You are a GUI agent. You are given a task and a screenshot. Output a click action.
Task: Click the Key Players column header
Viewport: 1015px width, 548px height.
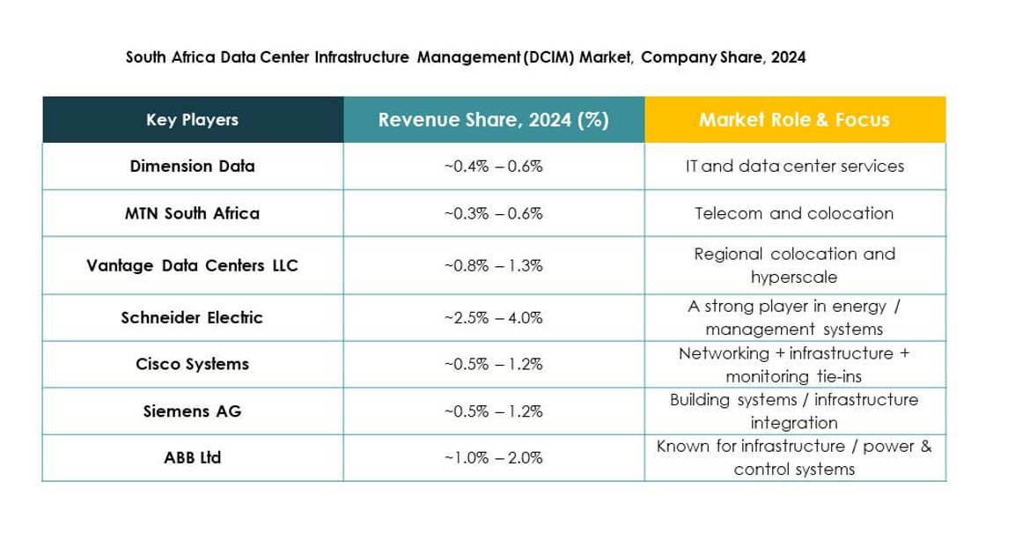point(192,120)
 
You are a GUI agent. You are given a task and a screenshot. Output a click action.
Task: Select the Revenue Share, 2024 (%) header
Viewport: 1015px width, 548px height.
point(493,120)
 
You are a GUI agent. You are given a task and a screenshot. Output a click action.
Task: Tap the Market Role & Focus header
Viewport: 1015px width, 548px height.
point(794,120)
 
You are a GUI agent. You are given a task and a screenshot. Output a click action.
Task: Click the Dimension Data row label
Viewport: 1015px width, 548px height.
point(192,166)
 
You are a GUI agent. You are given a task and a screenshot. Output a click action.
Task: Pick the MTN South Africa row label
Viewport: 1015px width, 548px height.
point(192,213)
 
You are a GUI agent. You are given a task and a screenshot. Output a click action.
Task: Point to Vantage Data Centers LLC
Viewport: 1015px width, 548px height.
point(192,265)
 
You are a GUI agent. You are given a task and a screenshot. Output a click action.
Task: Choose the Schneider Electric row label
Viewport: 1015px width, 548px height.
point(192,317)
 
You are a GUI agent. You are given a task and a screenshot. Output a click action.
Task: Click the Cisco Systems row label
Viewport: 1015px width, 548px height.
point(192,364)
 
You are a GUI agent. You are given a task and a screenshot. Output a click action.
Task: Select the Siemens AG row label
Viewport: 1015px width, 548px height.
point(192,411)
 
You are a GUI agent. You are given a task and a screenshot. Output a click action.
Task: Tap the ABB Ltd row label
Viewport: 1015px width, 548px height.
point(192,457)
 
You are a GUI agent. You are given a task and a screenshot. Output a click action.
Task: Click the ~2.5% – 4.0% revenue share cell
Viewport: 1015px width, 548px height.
point(493,317)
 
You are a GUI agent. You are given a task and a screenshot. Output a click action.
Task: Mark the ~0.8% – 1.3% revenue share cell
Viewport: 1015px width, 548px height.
point(493,265)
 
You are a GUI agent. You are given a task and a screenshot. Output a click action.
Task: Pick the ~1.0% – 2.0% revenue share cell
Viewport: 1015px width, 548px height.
point(493,457)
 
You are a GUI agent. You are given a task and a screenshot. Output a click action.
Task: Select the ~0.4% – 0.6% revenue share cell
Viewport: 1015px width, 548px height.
point(493,166)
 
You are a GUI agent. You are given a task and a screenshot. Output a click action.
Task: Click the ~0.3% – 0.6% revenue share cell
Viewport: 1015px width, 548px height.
point(493,213)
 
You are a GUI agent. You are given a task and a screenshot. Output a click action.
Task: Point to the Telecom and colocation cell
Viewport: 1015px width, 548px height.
point(794,213)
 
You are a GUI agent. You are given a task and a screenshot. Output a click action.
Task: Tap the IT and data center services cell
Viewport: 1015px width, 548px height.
point(794,166)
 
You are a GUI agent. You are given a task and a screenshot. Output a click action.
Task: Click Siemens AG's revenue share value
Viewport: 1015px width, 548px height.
point(493,411)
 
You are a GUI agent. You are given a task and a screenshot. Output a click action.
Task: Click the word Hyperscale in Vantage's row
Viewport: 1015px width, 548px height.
point(794,278)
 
